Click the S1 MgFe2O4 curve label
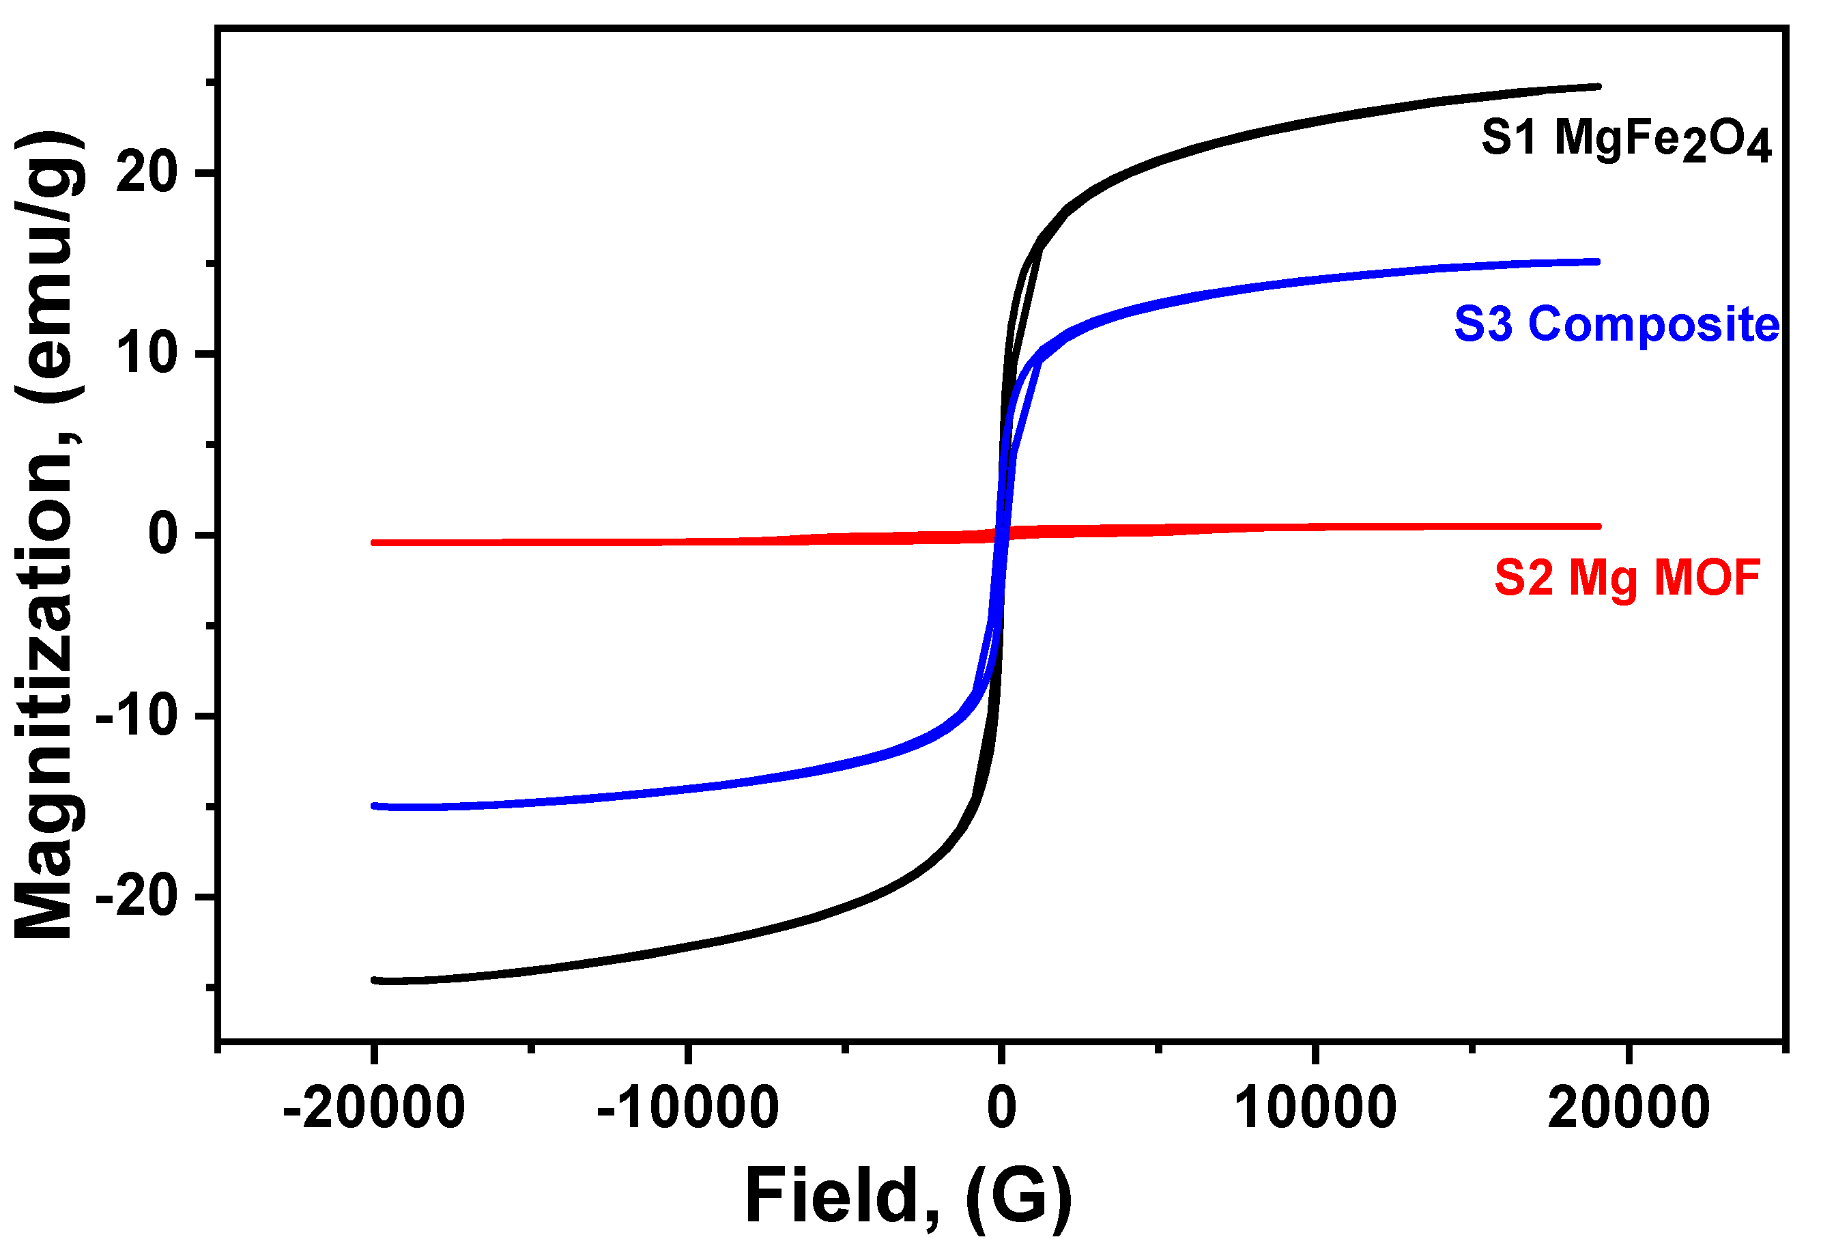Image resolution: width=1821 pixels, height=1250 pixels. [x=1625, y=141]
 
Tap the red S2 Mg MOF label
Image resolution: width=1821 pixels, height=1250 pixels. [x=1626, y=578]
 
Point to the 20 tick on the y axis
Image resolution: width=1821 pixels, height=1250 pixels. [x=147, y=173]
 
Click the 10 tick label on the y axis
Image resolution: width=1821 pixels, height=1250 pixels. [x=147, y=354]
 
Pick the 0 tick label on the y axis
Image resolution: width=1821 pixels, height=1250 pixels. [x=164, y=535]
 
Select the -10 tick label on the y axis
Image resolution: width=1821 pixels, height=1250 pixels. [x=137, y=715]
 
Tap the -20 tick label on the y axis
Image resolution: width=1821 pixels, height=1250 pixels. [x=137, y=896]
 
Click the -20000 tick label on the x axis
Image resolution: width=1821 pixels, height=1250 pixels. [x=374, y=1108]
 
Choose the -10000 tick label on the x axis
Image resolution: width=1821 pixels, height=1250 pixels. [x=687, y=1108]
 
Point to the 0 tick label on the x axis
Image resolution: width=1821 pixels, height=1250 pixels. [x=1001, y=1108]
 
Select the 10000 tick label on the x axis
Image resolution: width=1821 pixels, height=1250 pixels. [x=1315, y=1108]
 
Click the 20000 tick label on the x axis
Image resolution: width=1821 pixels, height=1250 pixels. [x=1629, y=1108]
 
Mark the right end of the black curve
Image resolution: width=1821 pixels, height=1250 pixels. [x=1597, y=87]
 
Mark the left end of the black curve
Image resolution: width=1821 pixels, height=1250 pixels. [x=375, y=980]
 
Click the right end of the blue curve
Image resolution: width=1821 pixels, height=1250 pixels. [x=1596, y=261]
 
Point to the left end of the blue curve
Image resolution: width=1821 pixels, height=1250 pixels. [x=375, y=806]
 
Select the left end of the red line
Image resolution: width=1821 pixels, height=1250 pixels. [x=375, y=542]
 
